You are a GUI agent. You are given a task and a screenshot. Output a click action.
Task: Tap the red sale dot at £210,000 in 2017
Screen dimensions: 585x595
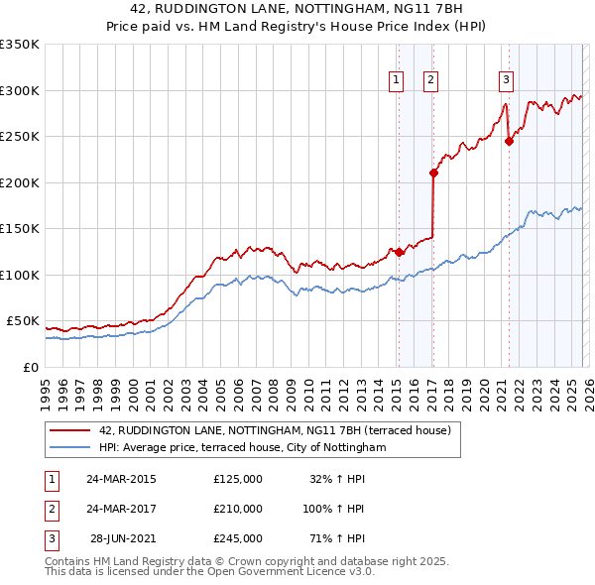click(x=433, y=174)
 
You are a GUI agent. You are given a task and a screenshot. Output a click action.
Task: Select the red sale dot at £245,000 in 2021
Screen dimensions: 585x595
click(x=509, y=141)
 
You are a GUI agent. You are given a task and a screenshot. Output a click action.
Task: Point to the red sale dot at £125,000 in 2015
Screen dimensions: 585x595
click(x=399, y=252)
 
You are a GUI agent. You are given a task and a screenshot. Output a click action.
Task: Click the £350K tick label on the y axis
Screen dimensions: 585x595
click(x=19, y=45)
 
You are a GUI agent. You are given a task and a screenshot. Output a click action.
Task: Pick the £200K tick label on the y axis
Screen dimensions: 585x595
click(x=19, y=182)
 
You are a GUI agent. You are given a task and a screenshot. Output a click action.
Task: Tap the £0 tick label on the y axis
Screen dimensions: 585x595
click(x=29, y=367)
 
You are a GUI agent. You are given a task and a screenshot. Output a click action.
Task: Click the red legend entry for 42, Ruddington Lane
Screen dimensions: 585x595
click(x=275, y=430)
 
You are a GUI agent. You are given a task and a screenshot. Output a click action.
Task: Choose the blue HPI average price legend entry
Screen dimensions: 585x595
click(x=241, y=448)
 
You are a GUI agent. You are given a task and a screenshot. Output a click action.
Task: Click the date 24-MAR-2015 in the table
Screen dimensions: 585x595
click(x=121, y=479)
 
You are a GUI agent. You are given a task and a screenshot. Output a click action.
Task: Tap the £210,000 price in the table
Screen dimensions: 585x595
click(x=237, y=509)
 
